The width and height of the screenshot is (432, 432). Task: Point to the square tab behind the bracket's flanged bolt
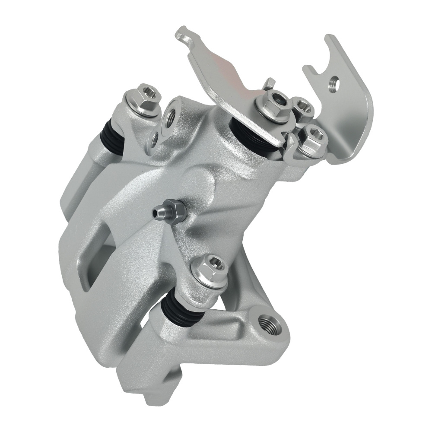click(x=269, y=83)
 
